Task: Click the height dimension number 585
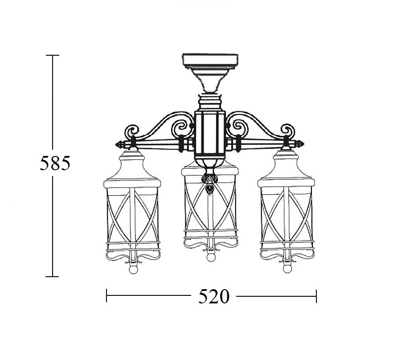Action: tap(55, 163)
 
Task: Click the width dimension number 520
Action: tap(214, 297)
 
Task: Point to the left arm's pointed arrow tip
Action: tap(116, 145)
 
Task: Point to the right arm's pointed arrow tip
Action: tap(304, 144)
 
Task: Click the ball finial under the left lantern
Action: tap(133, 270)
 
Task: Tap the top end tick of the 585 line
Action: tap(53, 55)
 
